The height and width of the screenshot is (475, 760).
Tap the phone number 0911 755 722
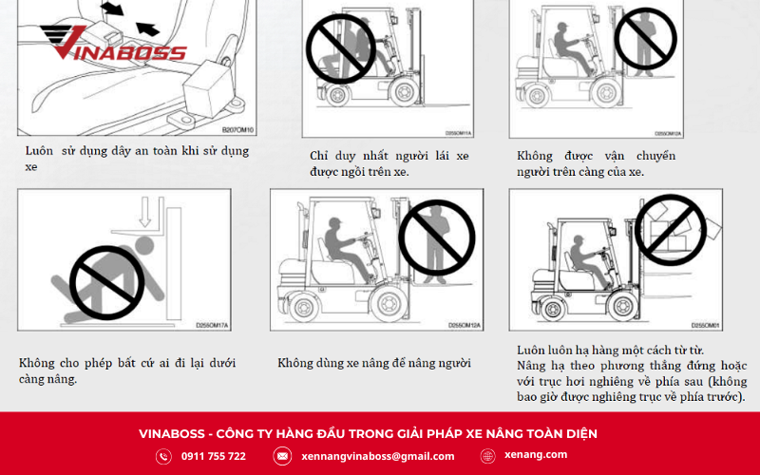[213, 456]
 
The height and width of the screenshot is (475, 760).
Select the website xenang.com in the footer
[537, 455]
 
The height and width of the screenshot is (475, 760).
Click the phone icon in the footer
[163, 456]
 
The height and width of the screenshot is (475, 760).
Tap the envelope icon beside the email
[282, 456]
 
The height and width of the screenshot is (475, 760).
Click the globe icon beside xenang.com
[488, 456]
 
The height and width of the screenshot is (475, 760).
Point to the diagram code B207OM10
[237, 129]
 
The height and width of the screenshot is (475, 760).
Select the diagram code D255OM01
[704, 324]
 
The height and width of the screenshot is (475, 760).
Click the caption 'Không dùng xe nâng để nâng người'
[374, 363]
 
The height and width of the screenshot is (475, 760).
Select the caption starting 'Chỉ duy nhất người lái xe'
[389, 163]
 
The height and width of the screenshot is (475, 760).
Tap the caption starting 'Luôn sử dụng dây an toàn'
[138, 159]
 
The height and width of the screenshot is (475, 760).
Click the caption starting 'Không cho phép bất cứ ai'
[127, 370]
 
